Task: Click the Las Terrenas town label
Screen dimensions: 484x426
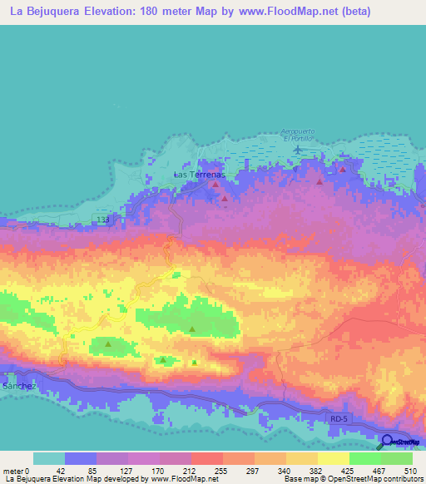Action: [200, 175]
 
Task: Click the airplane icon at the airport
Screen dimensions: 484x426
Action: [297, 150]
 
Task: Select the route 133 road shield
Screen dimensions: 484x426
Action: [102, 219]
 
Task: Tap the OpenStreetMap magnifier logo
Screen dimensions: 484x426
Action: [387, 442]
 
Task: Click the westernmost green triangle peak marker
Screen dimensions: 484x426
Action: [108, 342]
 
